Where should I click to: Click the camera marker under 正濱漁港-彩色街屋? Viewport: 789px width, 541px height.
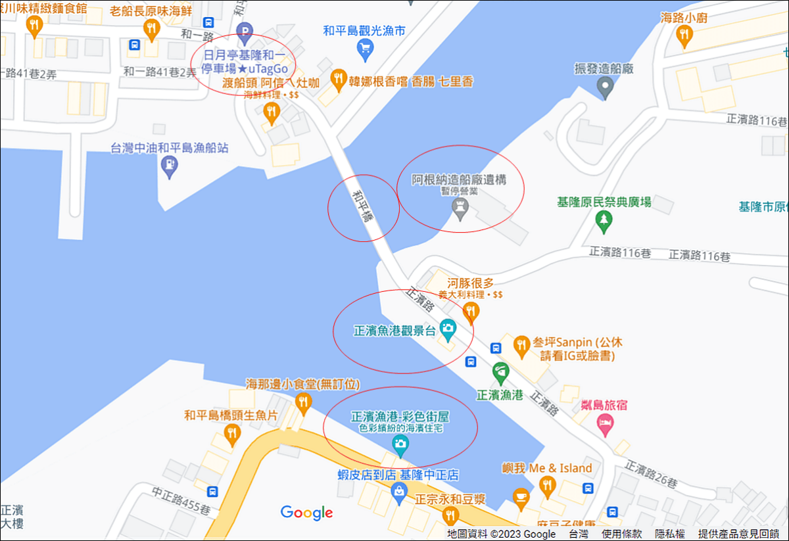400,446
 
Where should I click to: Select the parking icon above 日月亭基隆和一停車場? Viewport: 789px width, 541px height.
245,30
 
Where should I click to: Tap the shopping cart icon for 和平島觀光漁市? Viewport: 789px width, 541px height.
364,47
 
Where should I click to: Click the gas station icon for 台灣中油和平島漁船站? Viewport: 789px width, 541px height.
170,165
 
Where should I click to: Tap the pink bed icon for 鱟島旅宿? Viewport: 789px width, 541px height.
604,426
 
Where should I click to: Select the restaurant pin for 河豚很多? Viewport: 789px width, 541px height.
471,312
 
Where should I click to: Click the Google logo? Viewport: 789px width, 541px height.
306,513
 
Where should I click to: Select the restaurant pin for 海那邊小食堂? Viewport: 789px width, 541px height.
302,402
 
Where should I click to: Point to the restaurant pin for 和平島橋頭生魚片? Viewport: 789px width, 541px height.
231,433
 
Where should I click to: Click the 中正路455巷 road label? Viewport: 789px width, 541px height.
181,492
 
